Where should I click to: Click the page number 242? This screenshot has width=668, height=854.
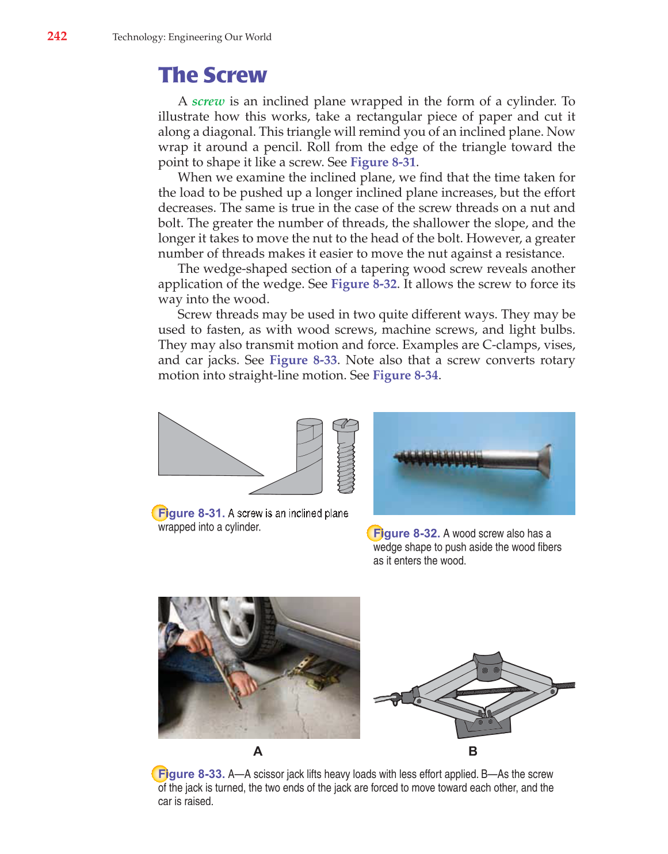tap(57, 36)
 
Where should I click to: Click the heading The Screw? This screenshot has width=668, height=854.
tap(212, 75)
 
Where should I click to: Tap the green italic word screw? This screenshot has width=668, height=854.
tap(208, 101)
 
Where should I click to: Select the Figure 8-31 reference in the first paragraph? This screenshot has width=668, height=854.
tap(383, 162)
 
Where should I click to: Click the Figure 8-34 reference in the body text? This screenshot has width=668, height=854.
tap(405, 375)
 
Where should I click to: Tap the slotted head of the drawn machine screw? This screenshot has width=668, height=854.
tap(345, 425)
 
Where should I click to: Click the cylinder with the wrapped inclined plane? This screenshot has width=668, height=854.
tap(310, 455)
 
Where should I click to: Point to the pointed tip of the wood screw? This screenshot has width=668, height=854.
tap(396, 457)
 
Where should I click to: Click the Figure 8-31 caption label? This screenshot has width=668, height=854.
tap(190, 513)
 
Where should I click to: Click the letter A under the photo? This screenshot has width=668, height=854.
tap(258, 751)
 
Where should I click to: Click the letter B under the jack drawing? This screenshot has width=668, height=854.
tap(473, 751)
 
